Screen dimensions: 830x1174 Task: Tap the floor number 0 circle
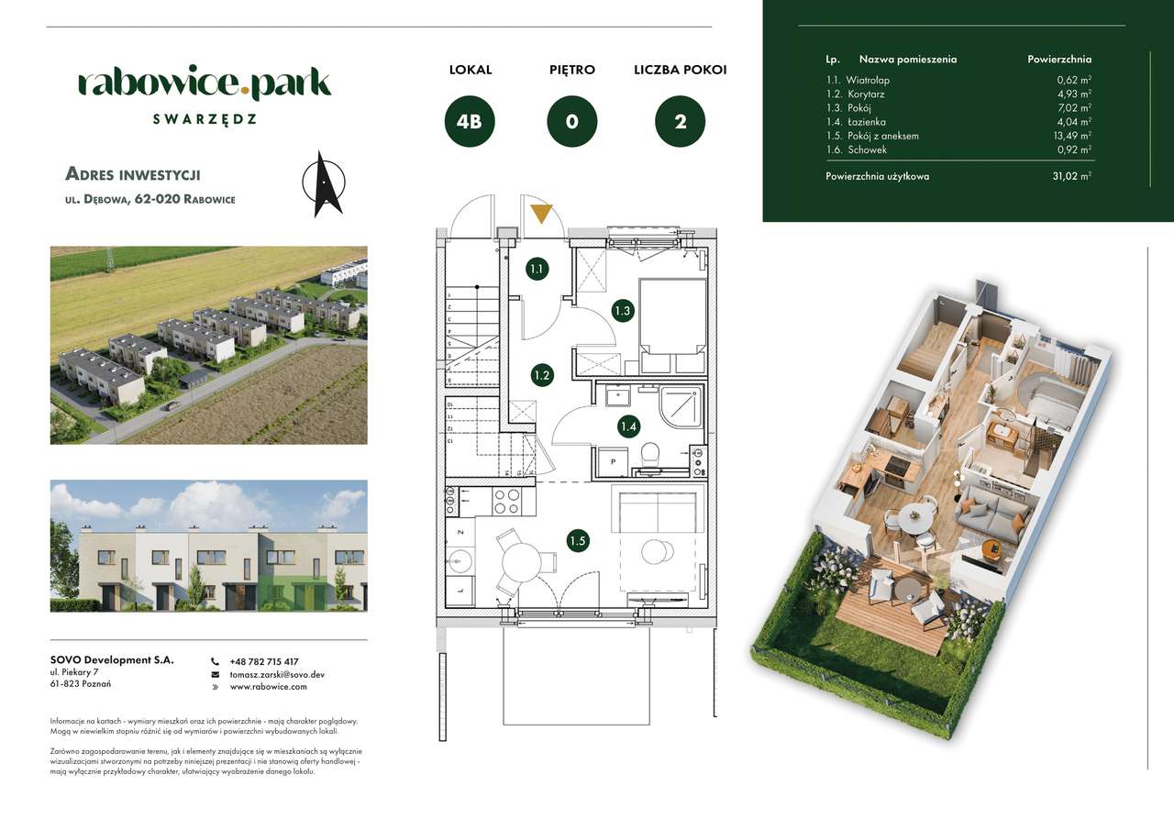tap(572, 122)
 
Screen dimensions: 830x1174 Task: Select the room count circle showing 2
tap(680, 122)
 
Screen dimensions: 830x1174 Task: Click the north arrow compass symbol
tap(323, 183)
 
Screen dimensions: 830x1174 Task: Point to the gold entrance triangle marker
tap(542, 214)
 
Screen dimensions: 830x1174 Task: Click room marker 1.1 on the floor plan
tap(537, 269)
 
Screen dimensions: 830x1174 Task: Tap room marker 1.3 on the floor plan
tap(623, 311)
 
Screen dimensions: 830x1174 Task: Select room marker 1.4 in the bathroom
tap(628, 426)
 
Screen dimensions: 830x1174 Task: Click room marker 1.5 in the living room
tap(577, 541)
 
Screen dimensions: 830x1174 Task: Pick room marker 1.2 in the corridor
tap(542, 374)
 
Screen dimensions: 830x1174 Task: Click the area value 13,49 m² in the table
tap(1070, 136)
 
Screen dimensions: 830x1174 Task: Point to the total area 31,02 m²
tap(1071, 176)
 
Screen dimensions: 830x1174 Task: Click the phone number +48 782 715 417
tap(264, 661)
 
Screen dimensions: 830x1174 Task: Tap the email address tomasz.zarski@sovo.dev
tap(277, 674)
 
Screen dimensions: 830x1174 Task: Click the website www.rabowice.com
tap(268, 686)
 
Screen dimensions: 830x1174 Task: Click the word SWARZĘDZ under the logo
tap(205, 119)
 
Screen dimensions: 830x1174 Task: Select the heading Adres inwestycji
tap(133, 174)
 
